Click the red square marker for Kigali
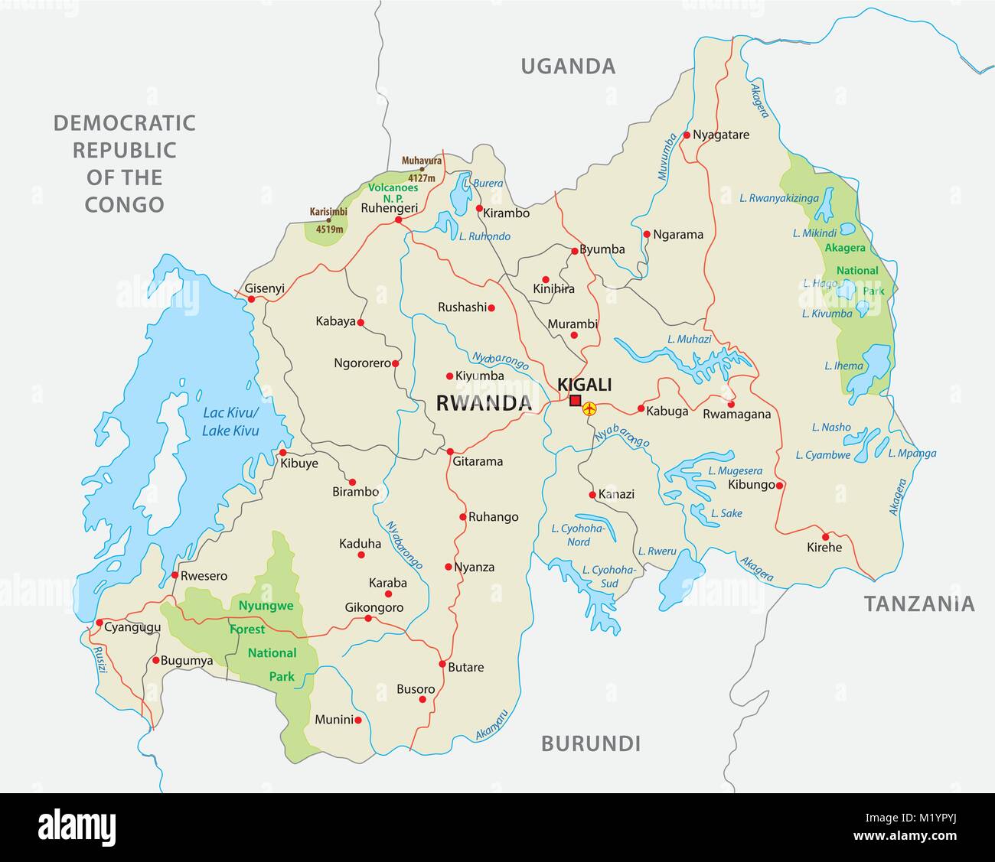(x=575, y=401)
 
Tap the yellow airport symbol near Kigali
(x=589, y=409)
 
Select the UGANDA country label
(x=568, y=67)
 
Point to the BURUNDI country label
(x=590, y=743)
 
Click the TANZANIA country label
(x=919, y=604)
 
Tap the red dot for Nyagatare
(x=687, y=135)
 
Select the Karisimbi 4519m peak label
(x=328, y=219)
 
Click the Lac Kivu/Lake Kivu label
(x=230, y=421)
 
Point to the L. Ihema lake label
(x=843, y=366)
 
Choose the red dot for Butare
(x=442, y=663)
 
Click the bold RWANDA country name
(x=483, y=404)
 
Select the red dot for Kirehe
(x=825, y=536)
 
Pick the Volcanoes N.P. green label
(x=393, y=191)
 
